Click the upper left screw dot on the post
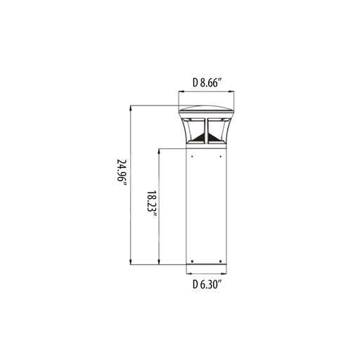click(192, 156)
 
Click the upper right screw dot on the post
click(220, 156)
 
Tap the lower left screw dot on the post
click(192, 262)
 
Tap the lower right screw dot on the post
click(220, 262)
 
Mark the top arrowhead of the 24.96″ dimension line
click(131, 108)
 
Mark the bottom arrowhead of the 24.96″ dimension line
click(131, 262)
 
